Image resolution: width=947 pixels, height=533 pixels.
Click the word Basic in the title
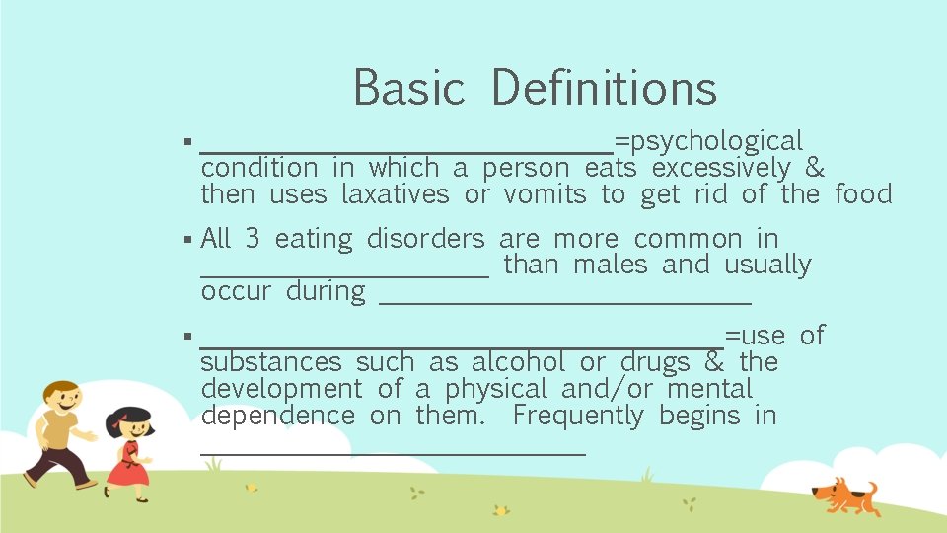408,87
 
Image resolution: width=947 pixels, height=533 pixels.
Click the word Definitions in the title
604,87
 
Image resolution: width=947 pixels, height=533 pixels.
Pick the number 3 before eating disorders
253,239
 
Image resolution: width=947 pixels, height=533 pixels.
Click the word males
610,265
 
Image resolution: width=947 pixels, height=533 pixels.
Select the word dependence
277,416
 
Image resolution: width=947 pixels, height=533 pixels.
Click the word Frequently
578,416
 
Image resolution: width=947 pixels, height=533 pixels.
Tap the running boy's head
60,400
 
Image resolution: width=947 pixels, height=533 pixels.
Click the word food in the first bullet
863,194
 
